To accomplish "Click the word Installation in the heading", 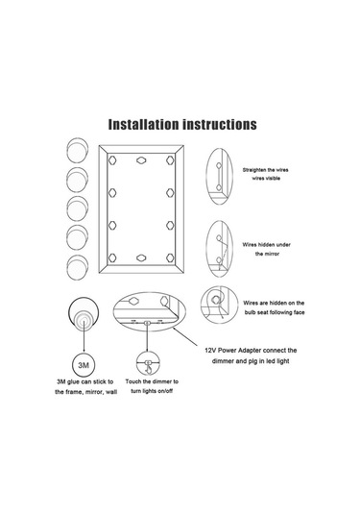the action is [x=143, y=125].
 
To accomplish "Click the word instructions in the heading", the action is [x=220, y=125].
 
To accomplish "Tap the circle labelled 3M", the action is [x=84, y=365].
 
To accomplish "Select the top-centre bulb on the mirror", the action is [x=141, y=160].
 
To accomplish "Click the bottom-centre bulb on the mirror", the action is [x=141, y=258].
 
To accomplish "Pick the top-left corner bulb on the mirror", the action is [x=112, y=160].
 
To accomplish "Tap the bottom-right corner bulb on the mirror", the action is [x=170, y=258].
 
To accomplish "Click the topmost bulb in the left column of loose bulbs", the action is [x=78, y=150].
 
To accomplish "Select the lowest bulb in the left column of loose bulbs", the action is [x=78, y=267].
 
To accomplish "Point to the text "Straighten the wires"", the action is [x=266, y=170].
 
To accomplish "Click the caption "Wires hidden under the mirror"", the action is [x=267, y=249].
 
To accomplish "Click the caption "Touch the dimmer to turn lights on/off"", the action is [x=152, y=386].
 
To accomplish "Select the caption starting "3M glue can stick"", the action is [x=85, y=387].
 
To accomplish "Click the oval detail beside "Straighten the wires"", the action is [x=219, y=177].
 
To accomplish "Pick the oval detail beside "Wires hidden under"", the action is [x=219, y=249].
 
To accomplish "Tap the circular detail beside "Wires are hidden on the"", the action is [x=219, y=305].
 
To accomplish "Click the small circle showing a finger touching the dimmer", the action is [x=148, y=363].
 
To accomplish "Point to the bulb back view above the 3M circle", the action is [x=84, y=313].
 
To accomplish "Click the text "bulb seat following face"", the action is [x=275, y=312].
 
